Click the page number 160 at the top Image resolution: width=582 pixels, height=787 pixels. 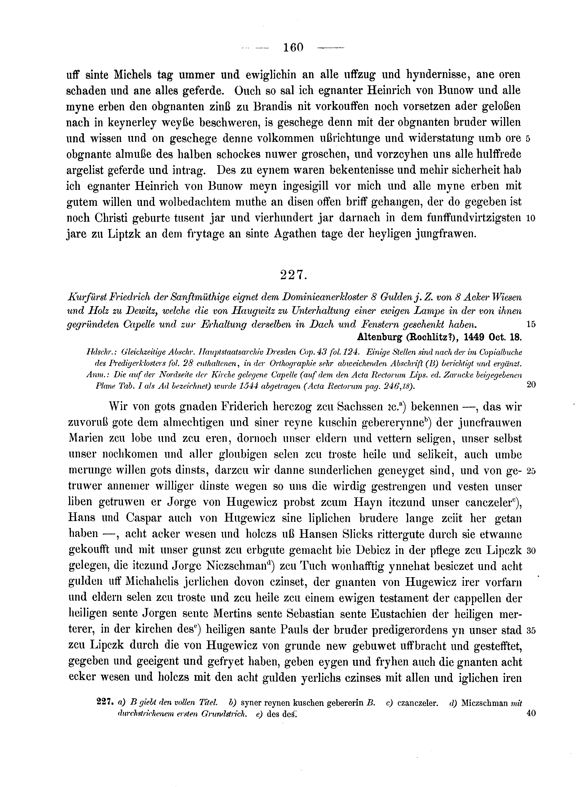(x=293, y=47)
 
